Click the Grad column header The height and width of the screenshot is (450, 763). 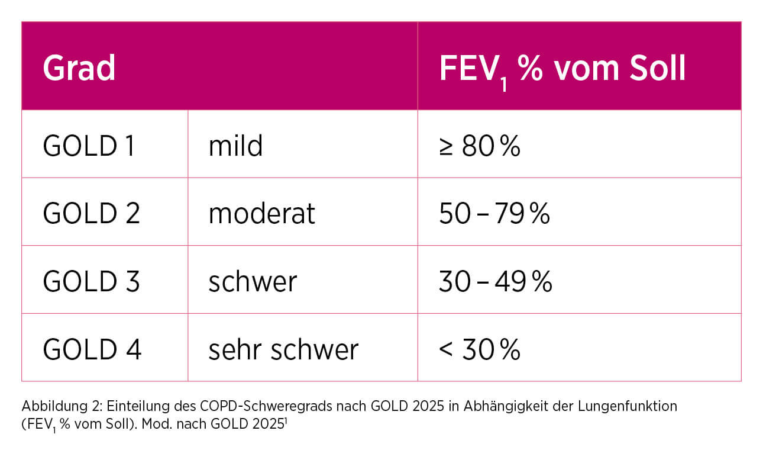[79, 69]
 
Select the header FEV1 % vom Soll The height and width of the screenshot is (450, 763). [562, 69]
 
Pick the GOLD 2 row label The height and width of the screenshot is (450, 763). [91, 214]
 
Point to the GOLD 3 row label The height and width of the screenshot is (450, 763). [91, 282]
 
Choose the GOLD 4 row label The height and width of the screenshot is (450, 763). [92, 349]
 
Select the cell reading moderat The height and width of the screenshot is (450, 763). [261, 214]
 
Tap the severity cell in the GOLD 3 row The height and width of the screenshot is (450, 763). [253, 282]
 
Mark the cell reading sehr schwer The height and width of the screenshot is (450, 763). [283, 349]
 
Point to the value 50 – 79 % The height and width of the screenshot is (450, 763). [494, 214]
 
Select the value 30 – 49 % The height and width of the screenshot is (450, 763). [495, 282]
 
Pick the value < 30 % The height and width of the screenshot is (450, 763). [480, 349]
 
